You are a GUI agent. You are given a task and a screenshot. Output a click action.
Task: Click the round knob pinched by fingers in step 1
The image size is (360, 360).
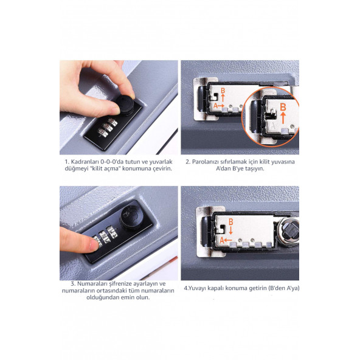125,105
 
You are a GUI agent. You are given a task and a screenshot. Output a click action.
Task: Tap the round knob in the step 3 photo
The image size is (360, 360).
130,218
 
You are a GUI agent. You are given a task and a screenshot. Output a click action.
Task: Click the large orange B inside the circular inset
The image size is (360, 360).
283,107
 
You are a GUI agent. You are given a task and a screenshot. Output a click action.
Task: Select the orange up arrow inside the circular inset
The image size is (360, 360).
283,118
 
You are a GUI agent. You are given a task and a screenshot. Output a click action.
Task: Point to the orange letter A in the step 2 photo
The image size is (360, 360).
215,106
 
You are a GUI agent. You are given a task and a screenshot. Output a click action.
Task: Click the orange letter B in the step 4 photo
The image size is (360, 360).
230,222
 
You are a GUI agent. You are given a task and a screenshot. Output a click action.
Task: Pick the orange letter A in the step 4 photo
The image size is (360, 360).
221,240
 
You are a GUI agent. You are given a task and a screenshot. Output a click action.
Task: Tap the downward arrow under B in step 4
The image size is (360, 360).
231,230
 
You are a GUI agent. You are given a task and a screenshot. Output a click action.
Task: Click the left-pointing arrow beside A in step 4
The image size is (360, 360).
228,240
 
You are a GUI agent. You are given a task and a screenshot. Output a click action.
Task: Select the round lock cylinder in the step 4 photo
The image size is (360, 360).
288,232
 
